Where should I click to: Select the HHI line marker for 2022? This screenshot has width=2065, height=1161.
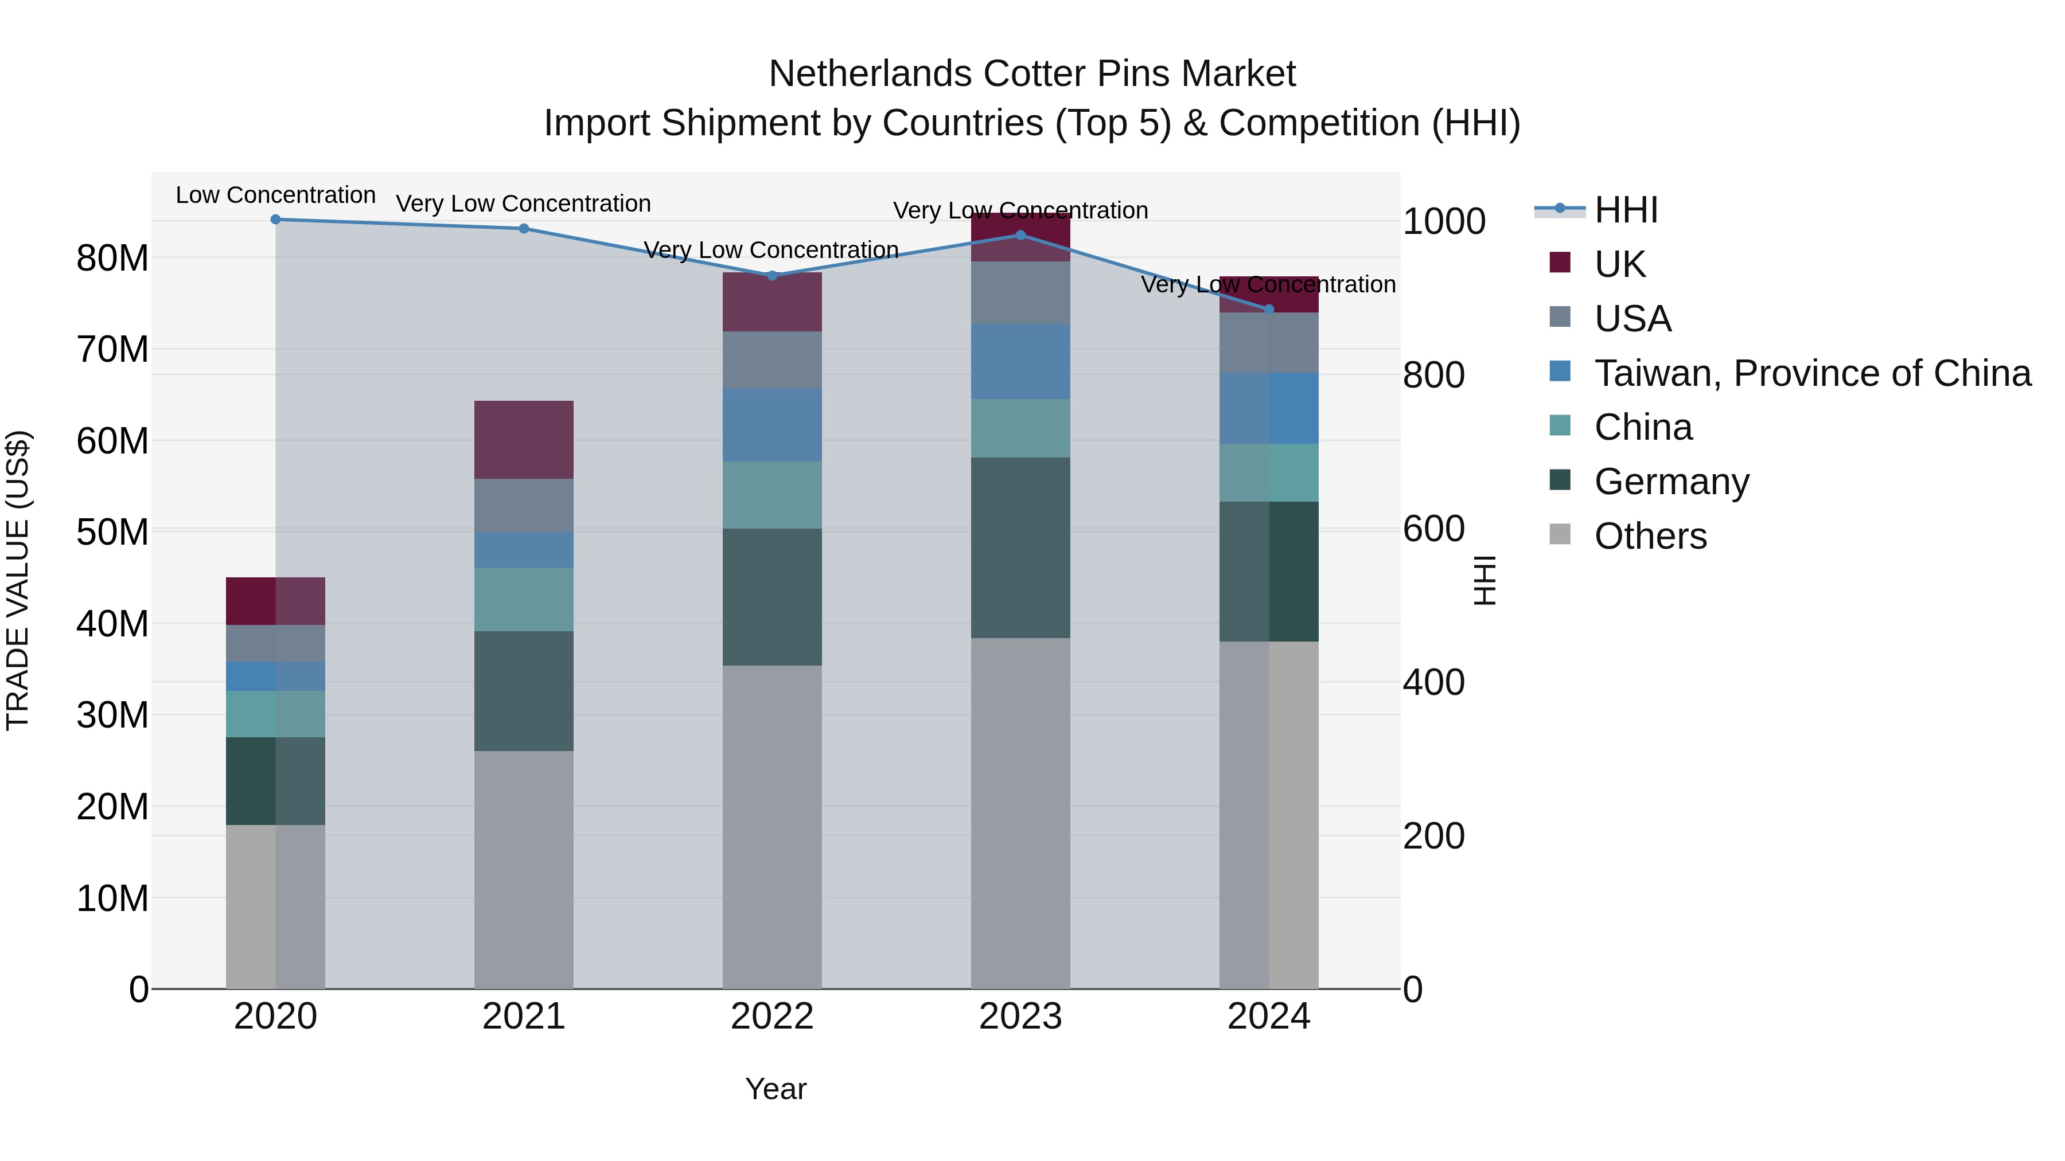(x=772, y=276)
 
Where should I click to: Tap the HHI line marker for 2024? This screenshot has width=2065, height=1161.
(x=1268, y=309)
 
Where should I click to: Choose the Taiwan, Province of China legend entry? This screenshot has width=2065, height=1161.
(x=1811, y=373)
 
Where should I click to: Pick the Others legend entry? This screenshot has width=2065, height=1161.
(x=1650, y=536)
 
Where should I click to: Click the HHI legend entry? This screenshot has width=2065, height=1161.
(x=1625, y=210)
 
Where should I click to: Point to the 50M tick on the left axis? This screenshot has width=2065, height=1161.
(x=112, y=532)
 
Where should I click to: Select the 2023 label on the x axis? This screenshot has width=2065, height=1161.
(x=1020, y=1017)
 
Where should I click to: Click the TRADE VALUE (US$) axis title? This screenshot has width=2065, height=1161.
(x=18, y=580)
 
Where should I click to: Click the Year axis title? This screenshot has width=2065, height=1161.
(x=775, y=1089)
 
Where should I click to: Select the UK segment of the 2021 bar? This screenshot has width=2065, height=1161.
(x=524, y=439)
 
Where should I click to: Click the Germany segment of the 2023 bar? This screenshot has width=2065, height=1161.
(x=1020, y=548)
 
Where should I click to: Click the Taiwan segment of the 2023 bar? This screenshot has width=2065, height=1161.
(x=1020, y=361)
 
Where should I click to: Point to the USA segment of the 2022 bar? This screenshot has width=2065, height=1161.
(x=772, y=359)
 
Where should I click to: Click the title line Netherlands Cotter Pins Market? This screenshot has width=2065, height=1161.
(x=1032, y=74)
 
